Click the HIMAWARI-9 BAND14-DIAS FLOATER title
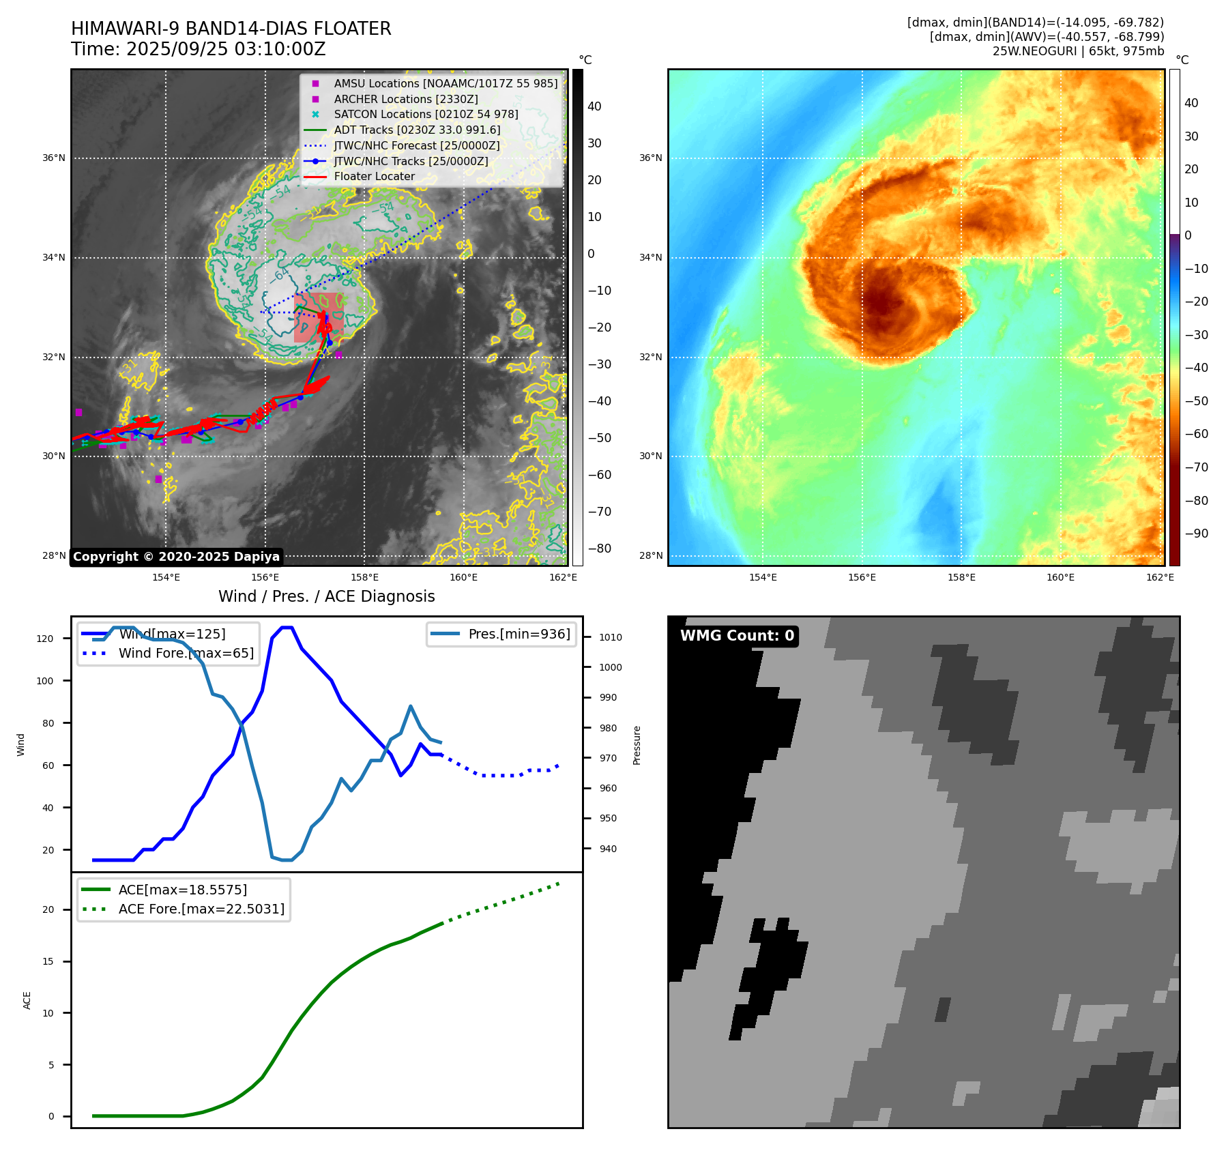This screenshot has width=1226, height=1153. click(x=231, y=29)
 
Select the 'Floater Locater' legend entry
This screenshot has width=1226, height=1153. click(x=374, y=176)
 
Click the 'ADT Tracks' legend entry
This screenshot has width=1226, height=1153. click(x=417, y=130)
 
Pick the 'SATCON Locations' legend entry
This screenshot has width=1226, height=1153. click(x=426, y=114)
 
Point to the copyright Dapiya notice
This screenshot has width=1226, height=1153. click(x=176, y=557)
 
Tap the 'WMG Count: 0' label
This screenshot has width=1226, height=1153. click(x=737, y=636)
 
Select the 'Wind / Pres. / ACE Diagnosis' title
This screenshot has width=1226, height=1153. click(x=326, y=596)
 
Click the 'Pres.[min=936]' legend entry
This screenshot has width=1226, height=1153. click(x=519, y=634)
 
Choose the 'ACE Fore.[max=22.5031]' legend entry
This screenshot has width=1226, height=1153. click(x=201, y=909)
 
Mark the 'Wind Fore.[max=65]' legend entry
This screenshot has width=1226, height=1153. click(x=186, y=653)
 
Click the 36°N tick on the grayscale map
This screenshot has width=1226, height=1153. click(x=54, y=158)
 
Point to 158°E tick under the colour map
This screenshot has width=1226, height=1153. click(x=961, y=577)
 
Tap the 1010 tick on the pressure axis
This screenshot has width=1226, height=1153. click(x=610, y=637)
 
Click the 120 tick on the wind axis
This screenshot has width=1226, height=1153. click(x=45, y=639)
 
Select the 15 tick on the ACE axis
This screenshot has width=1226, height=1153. click(x=48, y=961)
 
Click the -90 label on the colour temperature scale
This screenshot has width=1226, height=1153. click(x=1196, y=534)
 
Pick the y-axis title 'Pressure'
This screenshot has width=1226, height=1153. click(x=637, y=745)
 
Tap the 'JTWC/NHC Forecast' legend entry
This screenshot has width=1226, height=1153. click(x=416, y=145)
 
